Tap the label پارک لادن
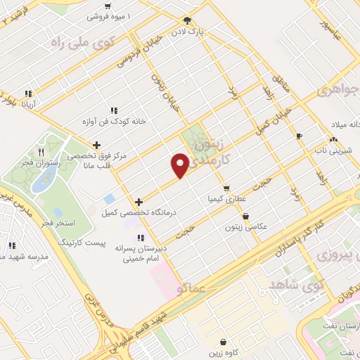(x=189, y=32)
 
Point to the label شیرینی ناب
(x=329, y=150)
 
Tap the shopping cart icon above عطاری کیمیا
(x=226, y=188)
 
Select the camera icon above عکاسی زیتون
(x=245, y=216)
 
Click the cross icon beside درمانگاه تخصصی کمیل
(x=139, y=202)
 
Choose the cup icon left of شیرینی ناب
(x=300, y=136)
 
